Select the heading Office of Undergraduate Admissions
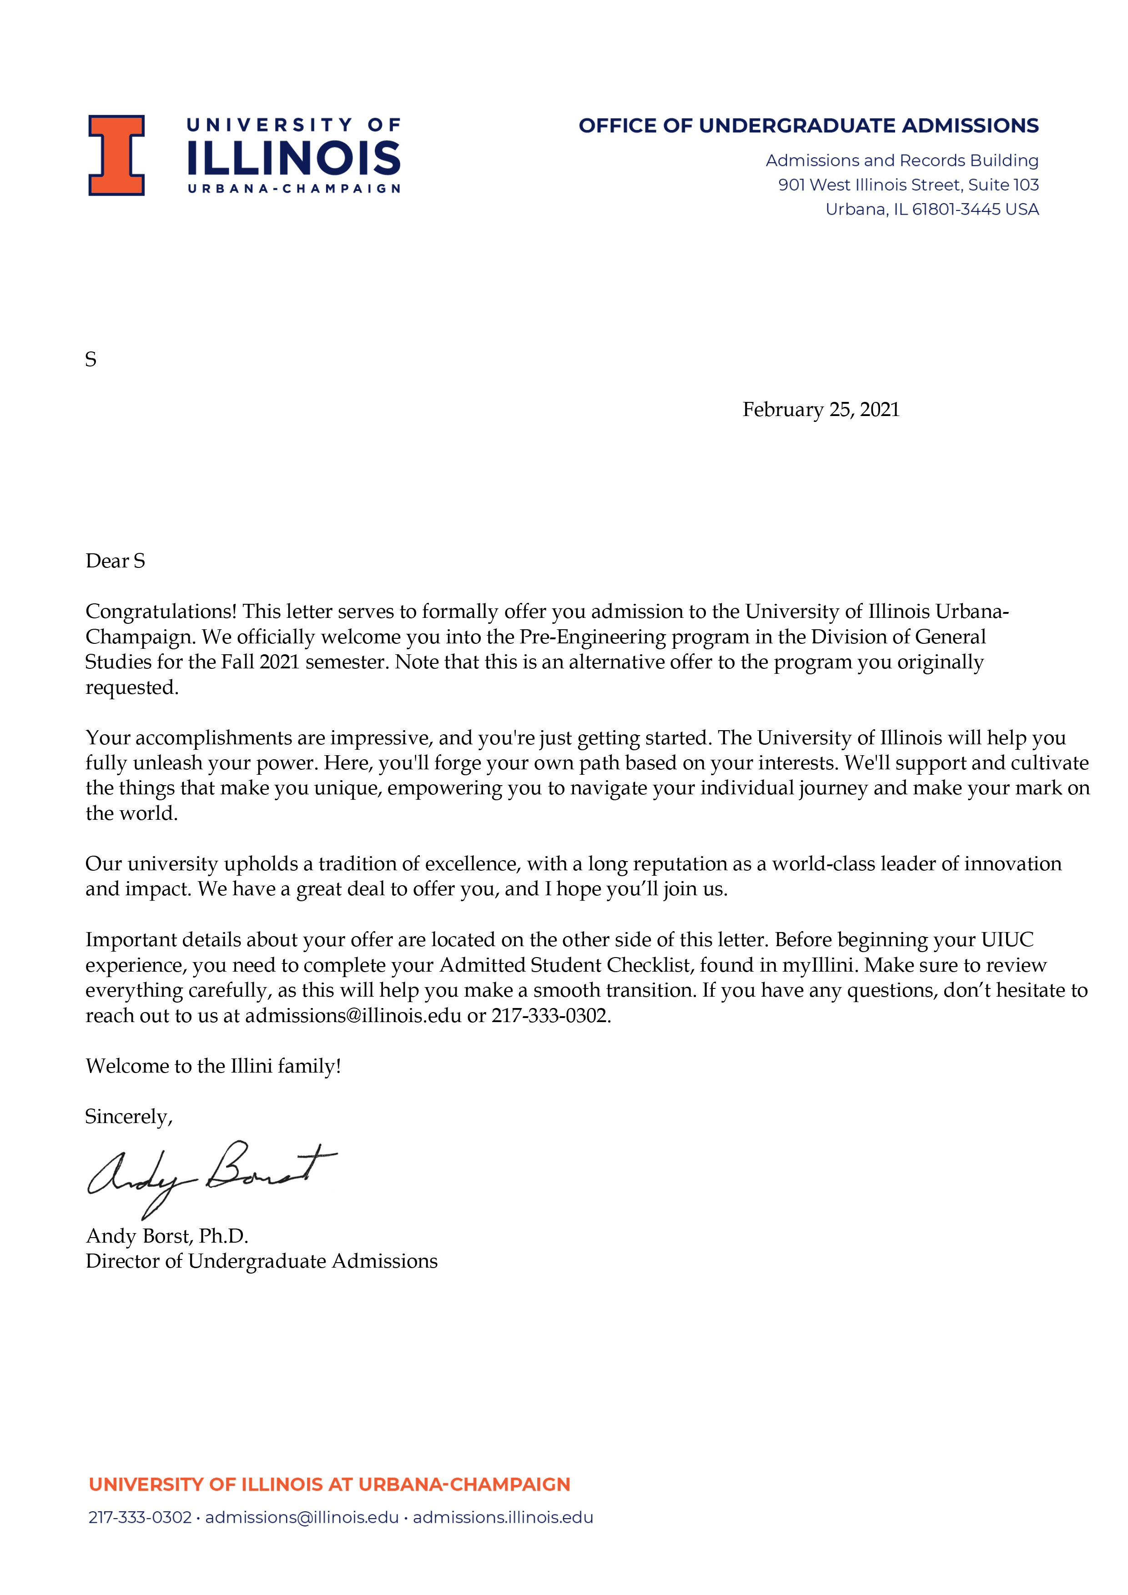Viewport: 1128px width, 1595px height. (808, 126)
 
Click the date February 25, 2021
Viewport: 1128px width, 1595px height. (821, 409)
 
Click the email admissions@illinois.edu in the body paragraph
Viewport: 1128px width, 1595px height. (353, 1016)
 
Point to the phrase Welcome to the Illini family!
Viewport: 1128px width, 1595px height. (213, 1066)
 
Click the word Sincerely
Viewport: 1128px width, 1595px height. (127, 1116)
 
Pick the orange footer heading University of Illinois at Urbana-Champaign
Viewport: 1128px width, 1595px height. (329, 1485)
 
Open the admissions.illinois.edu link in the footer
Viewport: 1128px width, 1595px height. (503, 1517)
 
